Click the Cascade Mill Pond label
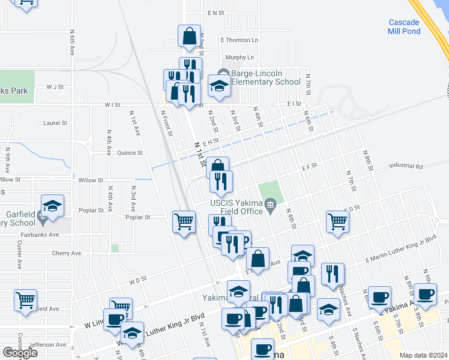point(412,27)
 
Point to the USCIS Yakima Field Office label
point(237,207)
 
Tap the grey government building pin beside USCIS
point(271,207)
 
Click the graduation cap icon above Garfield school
point(52,206)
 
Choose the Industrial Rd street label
point(406,166)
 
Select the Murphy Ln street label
point(240,58)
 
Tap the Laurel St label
point(55,123)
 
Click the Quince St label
point(130,152)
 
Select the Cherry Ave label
point(66,253)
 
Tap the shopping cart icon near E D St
point(338,222)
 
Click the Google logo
point(19,353)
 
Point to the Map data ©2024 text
point(423,355)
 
